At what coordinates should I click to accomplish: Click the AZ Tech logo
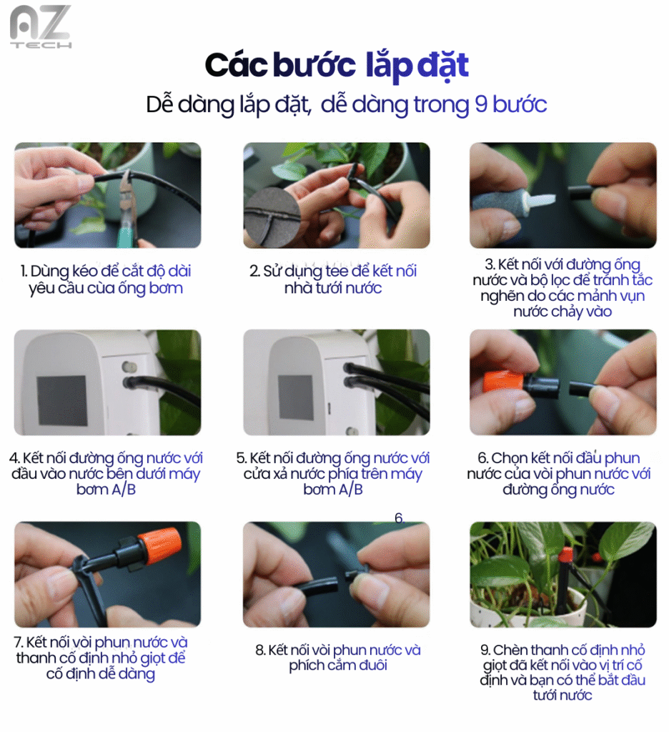pos(41,26)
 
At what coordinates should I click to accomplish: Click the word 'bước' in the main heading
pos(314,65)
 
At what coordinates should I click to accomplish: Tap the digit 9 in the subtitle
pos(481,104)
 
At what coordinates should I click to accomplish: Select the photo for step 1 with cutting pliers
pos(108,195)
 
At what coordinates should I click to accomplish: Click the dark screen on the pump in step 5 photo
pos(295,397)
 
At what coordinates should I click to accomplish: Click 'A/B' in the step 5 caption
pos(351,489)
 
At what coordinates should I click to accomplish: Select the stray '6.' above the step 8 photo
pos(400,518)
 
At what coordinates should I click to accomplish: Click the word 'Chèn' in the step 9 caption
pos(511,650)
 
